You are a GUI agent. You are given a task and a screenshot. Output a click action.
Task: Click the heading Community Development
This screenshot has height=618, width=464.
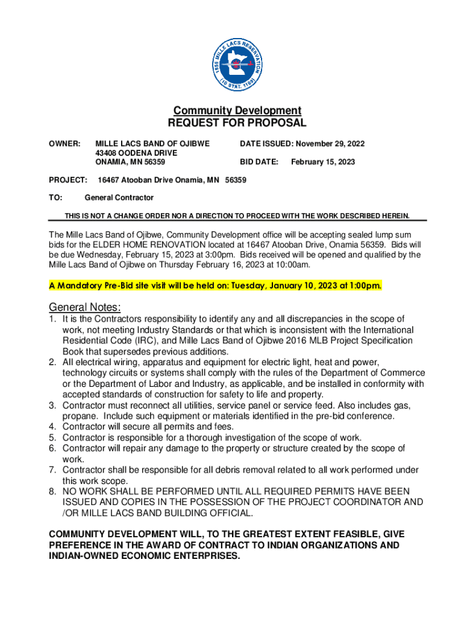pyautogui.click(x=237, y=110)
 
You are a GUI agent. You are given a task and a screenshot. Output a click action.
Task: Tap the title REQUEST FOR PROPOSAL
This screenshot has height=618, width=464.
pyautogui.click(x=237, y=123)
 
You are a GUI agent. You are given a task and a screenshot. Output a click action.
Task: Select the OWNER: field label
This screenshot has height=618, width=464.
pyautogui.click(x=64, y=144)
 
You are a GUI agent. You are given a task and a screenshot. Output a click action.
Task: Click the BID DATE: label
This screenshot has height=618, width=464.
pyautogui.click(x=259, y=162)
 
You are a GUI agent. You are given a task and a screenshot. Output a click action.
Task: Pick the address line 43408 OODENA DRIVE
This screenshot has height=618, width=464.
pyautogui.click(x=136, y=153)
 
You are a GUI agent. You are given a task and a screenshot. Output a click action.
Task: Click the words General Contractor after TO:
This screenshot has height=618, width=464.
pyautogui.click(x=119, y=197)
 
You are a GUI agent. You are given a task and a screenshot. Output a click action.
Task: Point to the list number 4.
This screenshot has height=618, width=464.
pyautogui.click(x=53, y=427)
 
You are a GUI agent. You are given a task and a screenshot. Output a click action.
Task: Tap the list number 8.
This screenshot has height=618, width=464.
pyautogui.click(x=53, y=491)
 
